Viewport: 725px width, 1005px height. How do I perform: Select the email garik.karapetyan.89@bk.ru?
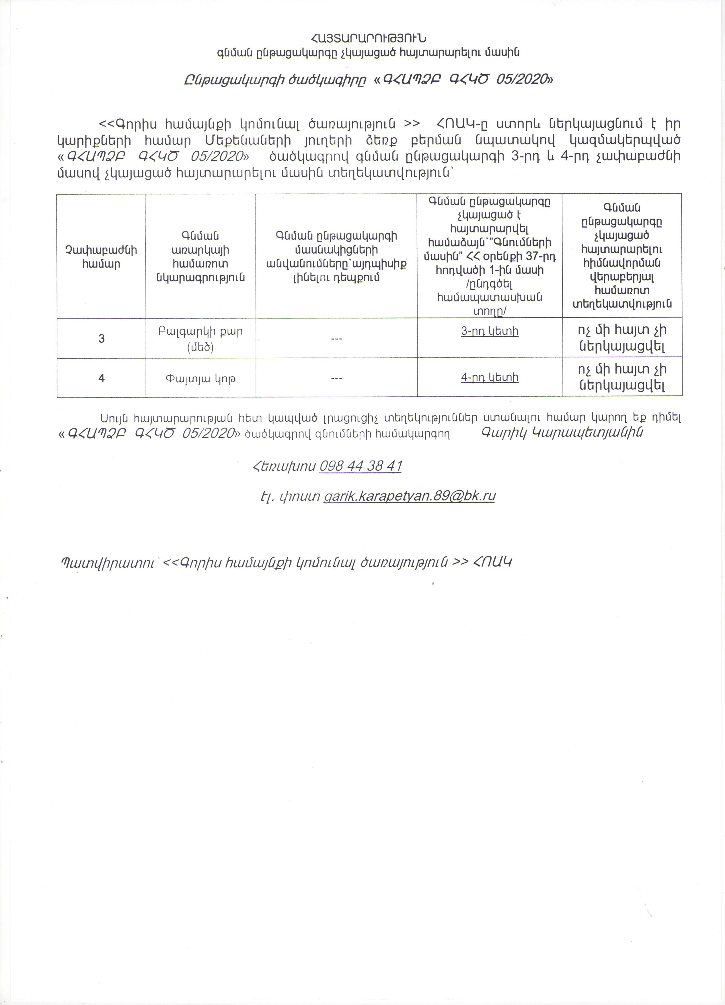pos(409,495)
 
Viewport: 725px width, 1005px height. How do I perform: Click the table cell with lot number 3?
pos(102,338)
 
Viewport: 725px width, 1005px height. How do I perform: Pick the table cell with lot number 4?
pos(102,378)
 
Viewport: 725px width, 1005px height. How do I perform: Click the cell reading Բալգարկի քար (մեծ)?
pos(200,338)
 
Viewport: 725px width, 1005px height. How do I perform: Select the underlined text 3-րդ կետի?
pos(490,331)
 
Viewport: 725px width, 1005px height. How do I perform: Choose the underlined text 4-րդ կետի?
pos(490,377)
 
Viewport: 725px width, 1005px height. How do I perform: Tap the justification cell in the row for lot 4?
pos(622,377)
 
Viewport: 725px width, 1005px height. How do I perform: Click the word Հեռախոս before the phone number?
pos(284,466)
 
